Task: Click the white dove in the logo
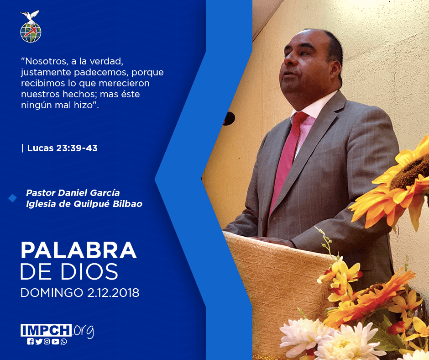[30, 16]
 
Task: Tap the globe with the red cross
[31, 32]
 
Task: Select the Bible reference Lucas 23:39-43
[63, 148]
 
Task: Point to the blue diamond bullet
[12, 198]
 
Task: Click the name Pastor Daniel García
[73, 193]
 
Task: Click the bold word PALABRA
[78, 250]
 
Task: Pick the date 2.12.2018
[113, 293]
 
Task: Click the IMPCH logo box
[46, 330]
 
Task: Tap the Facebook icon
[30, 342]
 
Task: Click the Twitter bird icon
[39, 342]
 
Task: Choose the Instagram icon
[47, 342]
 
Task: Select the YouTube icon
[55, 342]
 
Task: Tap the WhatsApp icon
[64, 342]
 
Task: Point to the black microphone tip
[229, 119]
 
